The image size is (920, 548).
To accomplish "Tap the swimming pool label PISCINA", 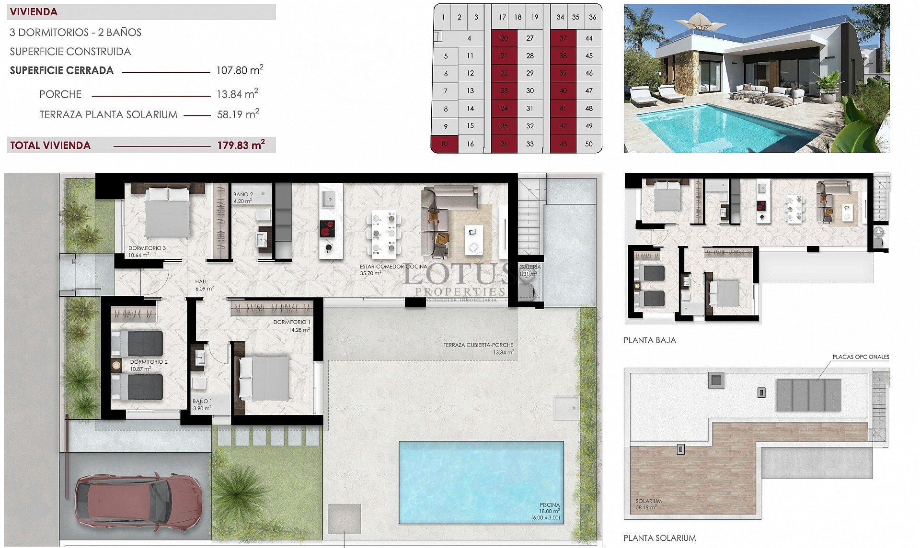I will pyautogui.click(x=549, y=505).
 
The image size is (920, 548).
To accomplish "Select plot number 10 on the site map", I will pyautogui.click(x=444, y=144).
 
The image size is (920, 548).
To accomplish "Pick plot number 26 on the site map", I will pyautogui.click(x=504, y=144).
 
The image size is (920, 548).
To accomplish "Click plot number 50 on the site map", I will pyautogui.click(x=589, y=144).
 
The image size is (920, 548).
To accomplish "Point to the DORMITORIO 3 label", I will pyautogui.click(x=147, y=248).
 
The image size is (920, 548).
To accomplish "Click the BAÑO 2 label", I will pyautogui.click(x=243, y=195).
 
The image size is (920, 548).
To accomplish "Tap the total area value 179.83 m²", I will pyautogui.click(x=241, y=145).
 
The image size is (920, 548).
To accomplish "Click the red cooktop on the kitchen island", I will pyautogui.click(x=327, y=228).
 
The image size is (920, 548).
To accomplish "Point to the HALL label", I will pyautogui.click(x=201, y=282).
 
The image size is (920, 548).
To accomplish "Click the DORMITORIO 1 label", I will pyautogui.click(x=291, y=322).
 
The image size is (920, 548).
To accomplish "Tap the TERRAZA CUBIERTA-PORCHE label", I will pyautogui.click(x=478, y=345).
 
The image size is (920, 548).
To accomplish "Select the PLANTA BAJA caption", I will pyautogui.click(x=649, y=340).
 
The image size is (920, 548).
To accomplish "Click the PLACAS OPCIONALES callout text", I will pyautogui.click(x=861, y=357).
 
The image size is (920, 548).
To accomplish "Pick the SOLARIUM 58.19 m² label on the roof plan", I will pyautogui.click(x=648, y=504).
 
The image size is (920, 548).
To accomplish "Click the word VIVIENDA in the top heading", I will pyautogui.click(x=34, y=12).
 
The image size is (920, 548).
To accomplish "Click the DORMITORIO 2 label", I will pyautogui.click(x=149, y=362).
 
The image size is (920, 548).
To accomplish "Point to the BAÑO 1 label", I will pyautogui.click(x=202, y=402).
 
